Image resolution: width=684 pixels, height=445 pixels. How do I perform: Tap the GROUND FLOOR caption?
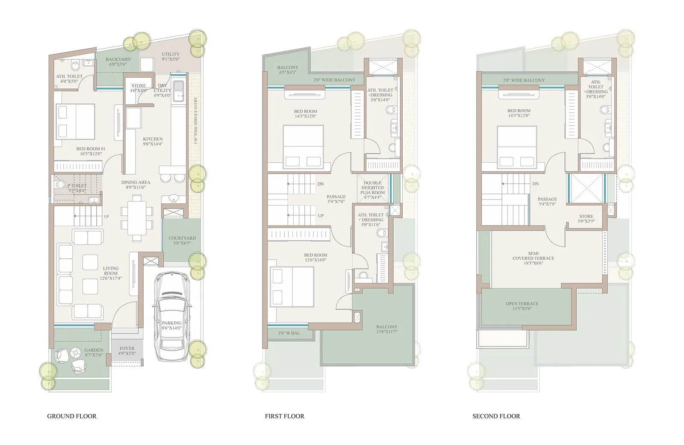click(x=72, y=416)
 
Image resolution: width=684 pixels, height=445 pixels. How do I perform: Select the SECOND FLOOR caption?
click(x=496, y=416)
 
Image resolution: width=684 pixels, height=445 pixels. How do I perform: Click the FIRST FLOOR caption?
click(x=284, y=416)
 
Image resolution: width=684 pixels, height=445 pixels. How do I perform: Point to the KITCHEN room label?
click(x=153, y=139)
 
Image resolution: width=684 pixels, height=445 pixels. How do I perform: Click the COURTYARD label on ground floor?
click(x=182, y=238)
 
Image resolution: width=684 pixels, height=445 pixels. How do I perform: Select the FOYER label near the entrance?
click(x=127, y=348)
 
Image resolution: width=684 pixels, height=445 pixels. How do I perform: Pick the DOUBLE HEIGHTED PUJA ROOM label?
click(x=373, y=187)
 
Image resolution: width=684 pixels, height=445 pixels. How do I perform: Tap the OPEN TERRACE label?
click(x=522, y=304)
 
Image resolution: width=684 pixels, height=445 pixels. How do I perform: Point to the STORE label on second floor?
click(x=586, y=217)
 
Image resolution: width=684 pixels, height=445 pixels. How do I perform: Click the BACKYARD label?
click(x=118, y=59)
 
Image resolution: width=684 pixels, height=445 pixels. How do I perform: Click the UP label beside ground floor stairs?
click(x=106, y=217)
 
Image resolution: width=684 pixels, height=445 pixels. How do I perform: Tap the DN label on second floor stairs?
click(x=535, y=184)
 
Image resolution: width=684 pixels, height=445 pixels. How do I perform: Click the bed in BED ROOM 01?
click(x=75, y=121)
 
